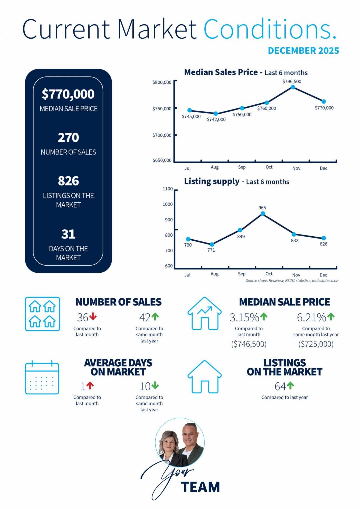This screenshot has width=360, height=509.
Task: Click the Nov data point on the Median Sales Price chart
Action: (293, 87)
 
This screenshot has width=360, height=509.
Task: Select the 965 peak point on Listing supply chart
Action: (263, 214)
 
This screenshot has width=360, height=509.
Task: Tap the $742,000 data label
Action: (216, 119)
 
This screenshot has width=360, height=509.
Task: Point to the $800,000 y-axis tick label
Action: (162, 82)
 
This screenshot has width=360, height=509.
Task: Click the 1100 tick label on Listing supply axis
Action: (167, 189)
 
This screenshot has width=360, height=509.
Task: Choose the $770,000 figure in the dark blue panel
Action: (68, 94)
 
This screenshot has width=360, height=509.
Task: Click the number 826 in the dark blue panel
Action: (68, 181)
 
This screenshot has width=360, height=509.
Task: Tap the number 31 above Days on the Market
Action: (68, 234)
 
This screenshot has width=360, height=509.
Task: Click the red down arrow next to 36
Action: (93, 316)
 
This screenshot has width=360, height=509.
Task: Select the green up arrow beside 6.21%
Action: (331, 316)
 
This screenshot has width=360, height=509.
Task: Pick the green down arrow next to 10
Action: (155, 386)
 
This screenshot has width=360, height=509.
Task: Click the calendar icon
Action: (42, 377)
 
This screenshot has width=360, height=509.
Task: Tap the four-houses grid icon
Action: (42, 314)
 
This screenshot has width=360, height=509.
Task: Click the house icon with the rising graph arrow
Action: (204, 314)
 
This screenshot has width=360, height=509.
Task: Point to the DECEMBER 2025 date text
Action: (303, 51)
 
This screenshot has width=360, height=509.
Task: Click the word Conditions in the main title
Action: (269, 29)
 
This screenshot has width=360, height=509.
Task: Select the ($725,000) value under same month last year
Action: (316, 344)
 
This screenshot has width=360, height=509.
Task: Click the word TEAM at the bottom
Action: (201, 487)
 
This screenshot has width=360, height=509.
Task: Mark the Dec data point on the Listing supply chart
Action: (323, 238)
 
